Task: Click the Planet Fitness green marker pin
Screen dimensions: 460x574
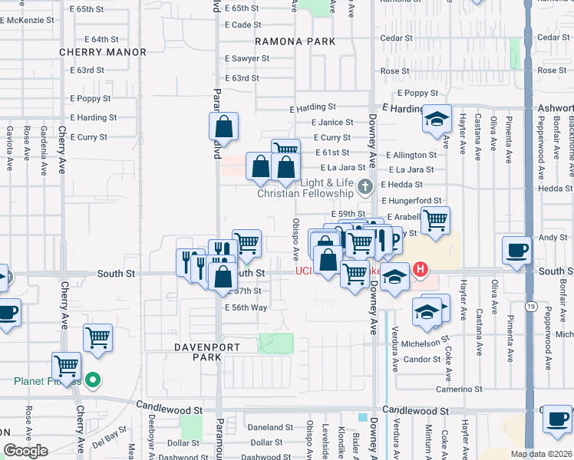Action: [92, 379]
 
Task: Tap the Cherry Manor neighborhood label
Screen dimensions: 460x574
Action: [103, 52]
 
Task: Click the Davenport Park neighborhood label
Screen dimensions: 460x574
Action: [185, 352]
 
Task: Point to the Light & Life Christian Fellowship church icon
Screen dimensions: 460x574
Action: [366, 186]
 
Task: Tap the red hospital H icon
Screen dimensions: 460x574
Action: [421, 269]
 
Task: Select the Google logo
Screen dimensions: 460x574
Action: [25, 451]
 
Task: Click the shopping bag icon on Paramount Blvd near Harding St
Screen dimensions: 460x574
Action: [223, 126]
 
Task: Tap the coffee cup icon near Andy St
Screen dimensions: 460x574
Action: [516, 250]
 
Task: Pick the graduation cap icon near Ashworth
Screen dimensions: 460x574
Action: [436, 119]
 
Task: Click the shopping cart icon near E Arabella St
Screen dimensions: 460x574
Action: [435, 220]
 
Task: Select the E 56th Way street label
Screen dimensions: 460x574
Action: [246, 307]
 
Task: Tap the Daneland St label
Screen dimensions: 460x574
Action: [266, 427]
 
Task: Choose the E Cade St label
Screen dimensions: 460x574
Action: [243, 25]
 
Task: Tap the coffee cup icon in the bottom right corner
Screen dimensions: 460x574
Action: [556, 419]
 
